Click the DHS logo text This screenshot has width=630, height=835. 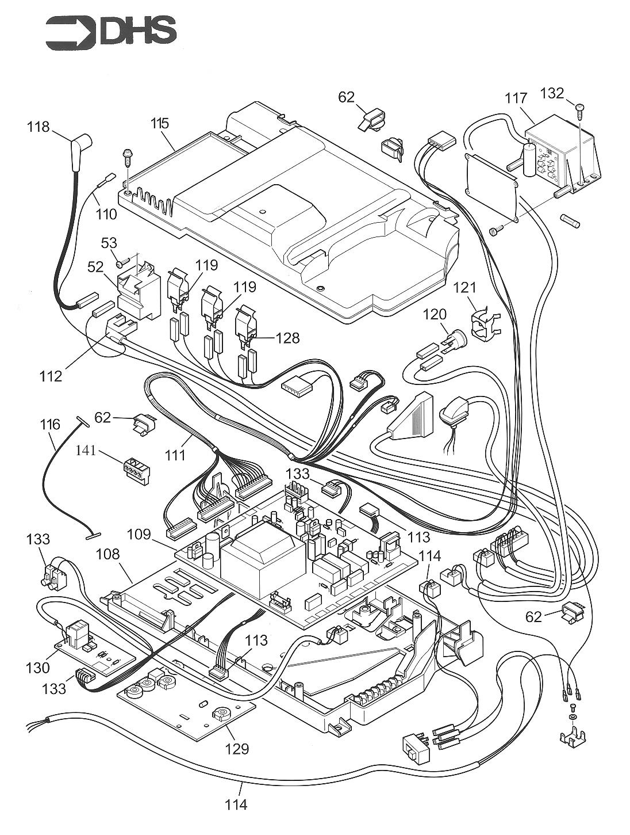(138, 32)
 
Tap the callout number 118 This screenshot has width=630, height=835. (39, 127)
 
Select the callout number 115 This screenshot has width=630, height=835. (160, 123)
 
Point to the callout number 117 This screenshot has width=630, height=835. (516, 98)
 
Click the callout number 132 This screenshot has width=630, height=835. (552, 93)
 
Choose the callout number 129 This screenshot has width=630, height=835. (237, 748)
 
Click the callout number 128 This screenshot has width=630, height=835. (287, 338)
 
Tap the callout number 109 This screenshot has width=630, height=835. (139, 534)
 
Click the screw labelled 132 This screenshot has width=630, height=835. (579, 108)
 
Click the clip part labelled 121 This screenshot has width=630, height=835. (484, 324)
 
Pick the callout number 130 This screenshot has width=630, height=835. (37, 668)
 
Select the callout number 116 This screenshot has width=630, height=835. (50, 425)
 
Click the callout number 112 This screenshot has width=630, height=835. (50, 376)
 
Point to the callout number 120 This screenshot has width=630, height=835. (435, 314)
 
